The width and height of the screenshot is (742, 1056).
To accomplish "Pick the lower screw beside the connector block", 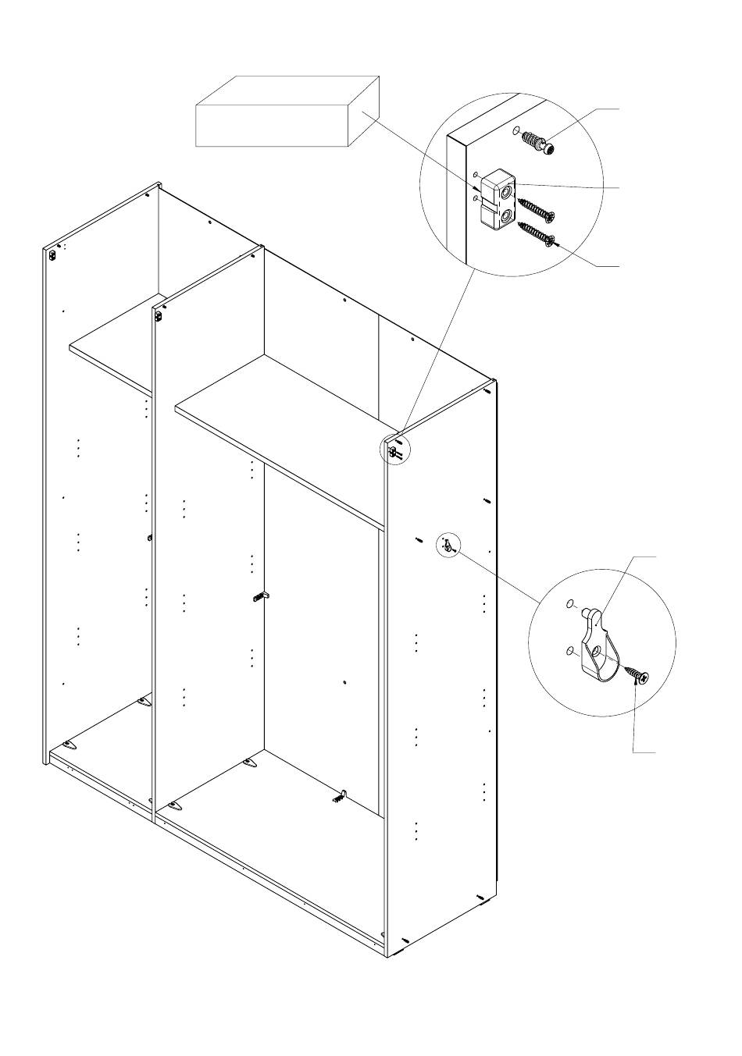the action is tap(536, 233).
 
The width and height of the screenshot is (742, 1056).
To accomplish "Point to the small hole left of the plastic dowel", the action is tap(515, 130).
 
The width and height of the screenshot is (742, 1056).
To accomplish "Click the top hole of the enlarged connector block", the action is tap(508, 190).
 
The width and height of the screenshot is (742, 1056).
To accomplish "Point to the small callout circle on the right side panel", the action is tap(448, 545).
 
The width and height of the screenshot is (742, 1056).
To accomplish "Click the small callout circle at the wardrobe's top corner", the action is tap(394, 450).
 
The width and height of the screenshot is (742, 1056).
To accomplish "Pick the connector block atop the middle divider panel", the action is tap(159, 316).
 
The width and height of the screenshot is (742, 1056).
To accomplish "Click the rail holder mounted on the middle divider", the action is tap(261, 596).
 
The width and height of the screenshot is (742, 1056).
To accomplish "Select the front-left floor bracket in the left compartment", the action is tap(69, 745).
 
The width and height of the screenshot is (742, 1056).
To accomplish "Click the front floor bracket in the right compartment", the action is tap(175, 805).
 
